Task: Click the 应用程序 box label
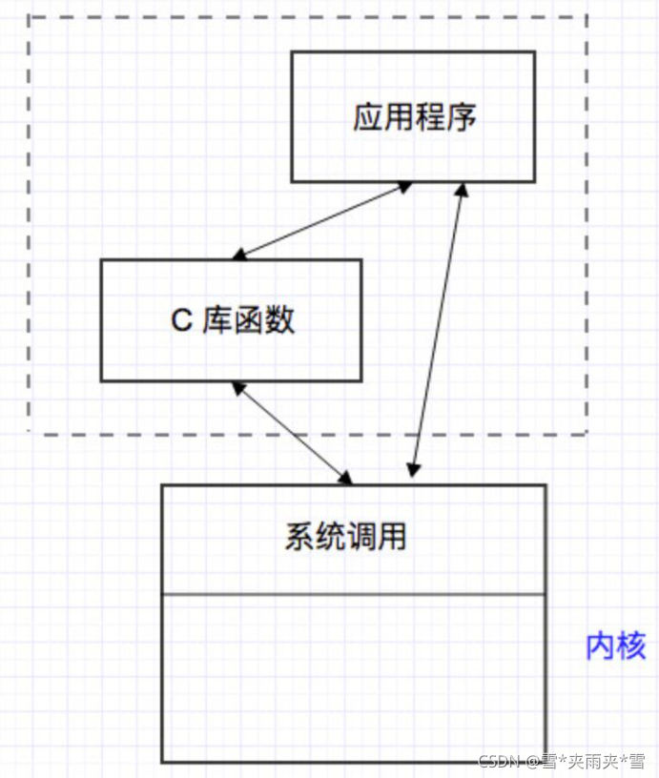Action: tap(414, 117)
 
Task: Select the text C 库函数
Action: tap(233, 320)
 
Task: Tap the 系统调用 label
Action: tap(345, 536)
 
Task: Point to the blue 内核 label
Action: tap(615, 645)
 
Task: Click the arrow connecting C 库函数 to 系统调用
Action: tap(291, 432)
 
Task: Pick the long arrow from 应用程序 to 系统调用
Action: tap(438, 329)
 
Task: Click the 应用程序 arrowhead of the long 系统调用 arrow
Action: tap(463, 190)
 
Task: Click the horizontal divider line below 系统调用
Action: tap(353, 594)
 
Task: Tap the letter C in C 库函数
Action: tap(181, 321)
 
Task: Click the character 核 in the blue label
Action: tap(630, 645)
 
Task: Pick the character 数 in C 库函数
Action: tap(280, 320)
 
